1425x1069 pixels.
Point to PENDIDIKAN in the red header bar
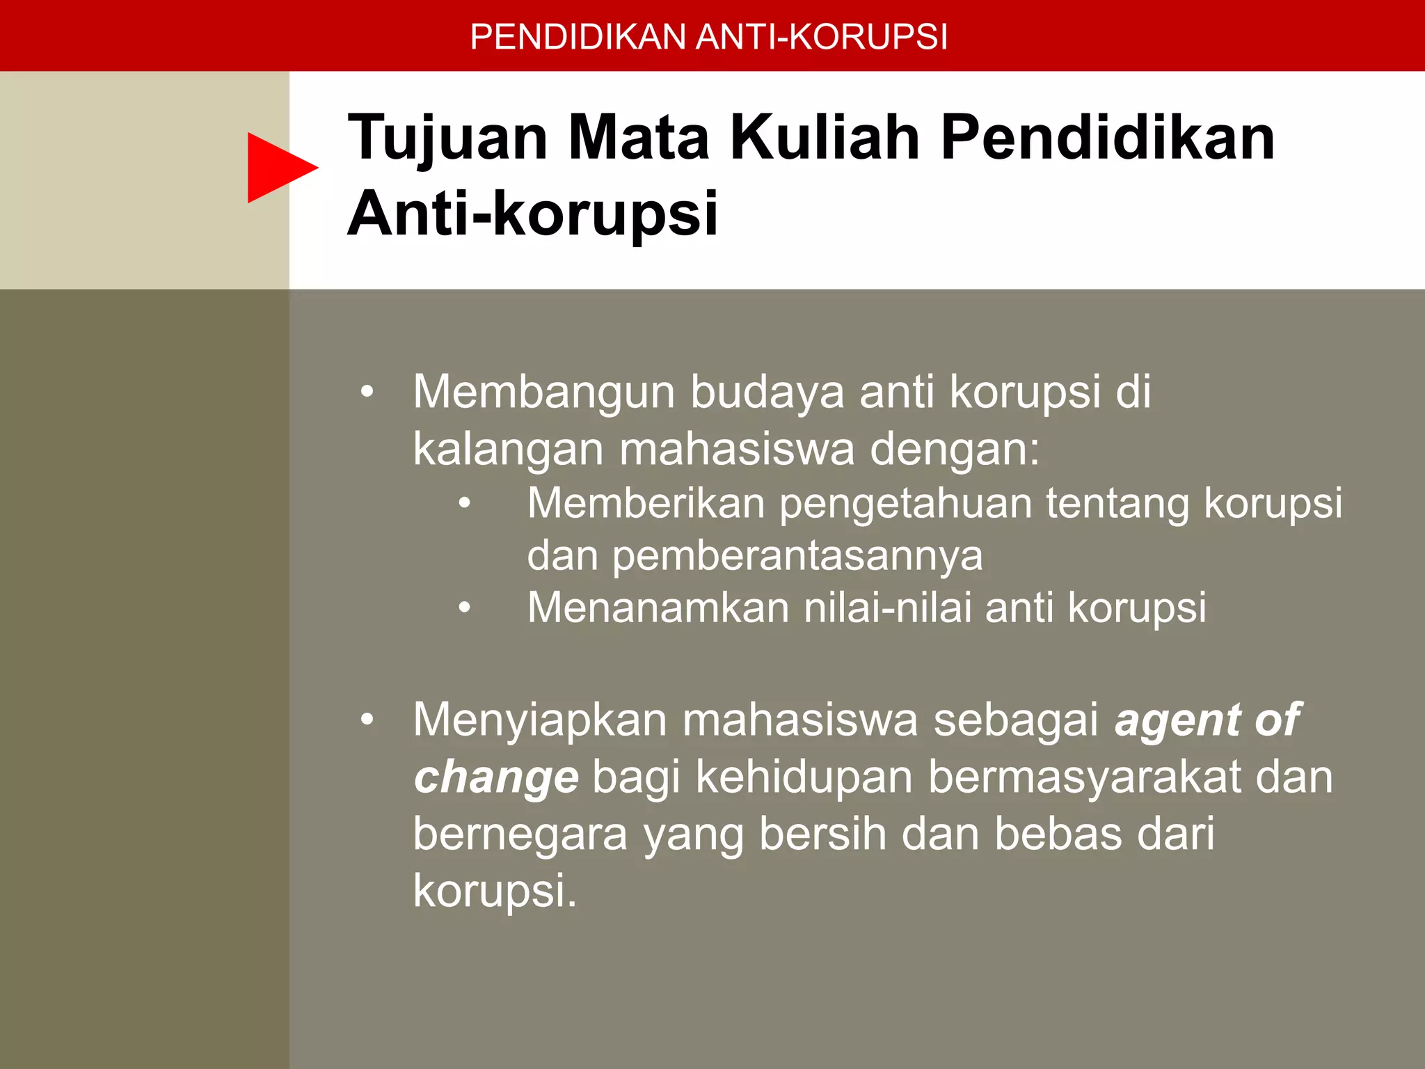(x=578, y=37)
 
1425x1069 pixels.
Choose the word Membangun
(x=543, y=392)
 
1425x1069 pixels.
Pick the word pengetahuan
(x=905, y=505)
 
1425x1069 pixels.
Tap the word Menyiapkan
(x=540, y=720)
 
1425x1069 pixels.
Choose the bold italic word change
(x=496, y=778)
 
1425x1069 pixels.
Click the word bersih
(x=822, y=834)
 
